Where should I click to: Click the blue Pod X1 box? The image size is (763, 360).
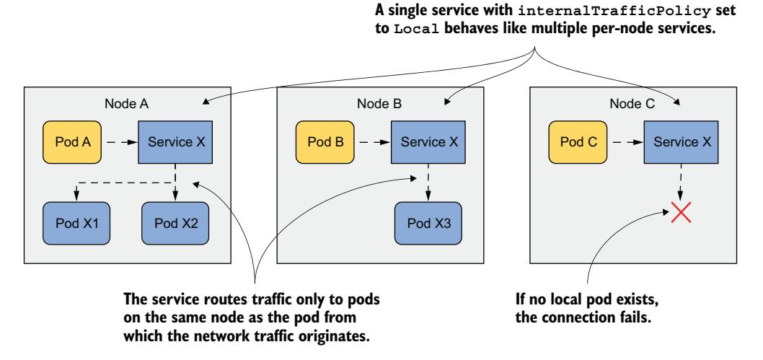coord(71,220)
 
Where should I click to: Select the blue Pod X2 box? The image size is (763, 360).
coord(176,220)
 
